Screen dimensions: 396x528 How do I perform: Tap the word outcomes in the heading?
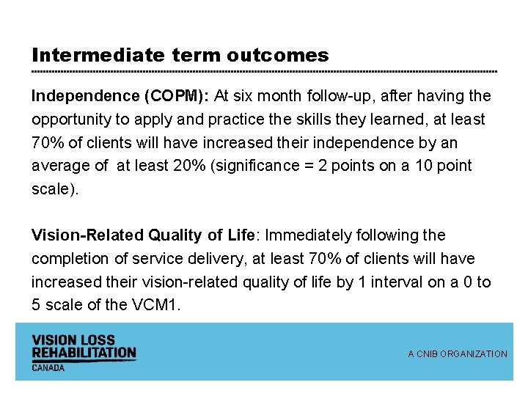(x=278, y=55)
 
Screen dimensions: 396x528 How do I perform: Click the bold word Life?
(x=241, y=235)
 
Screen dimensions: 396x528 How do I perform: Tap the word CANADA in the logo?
(x=48, y=367)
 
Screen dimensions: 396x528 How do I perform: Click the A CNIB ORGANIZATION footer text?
(x=458, y=354)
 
